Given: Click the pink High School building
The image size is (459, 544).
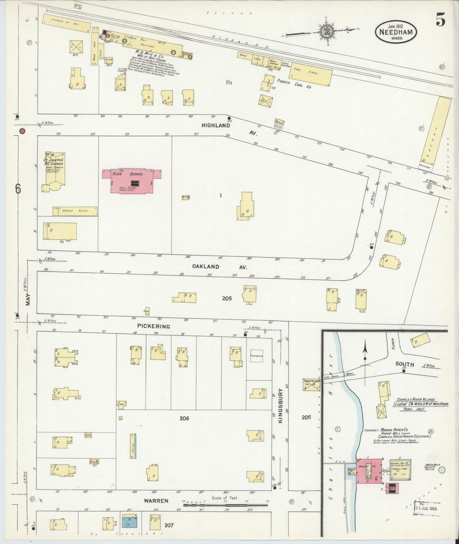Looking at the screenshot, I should (132, 181).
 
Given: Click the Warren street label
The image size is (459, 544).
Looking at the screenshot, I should (156, 501).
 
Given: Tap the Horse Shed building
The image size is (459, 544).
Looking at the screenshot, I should (75, 211).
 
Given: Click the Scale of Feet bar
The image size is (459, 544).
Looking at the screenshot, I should (226, 504).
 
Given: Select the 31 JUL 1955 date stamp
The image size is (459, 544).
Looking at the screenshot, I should (426, 508).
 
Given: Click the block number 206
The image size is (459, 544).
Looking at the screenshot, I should (184, 419).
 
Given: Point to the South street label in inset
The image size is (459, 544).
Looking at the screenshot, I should (405, 364).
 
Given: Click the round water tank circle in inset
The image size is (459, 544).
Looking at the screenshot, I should (442, 470).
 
